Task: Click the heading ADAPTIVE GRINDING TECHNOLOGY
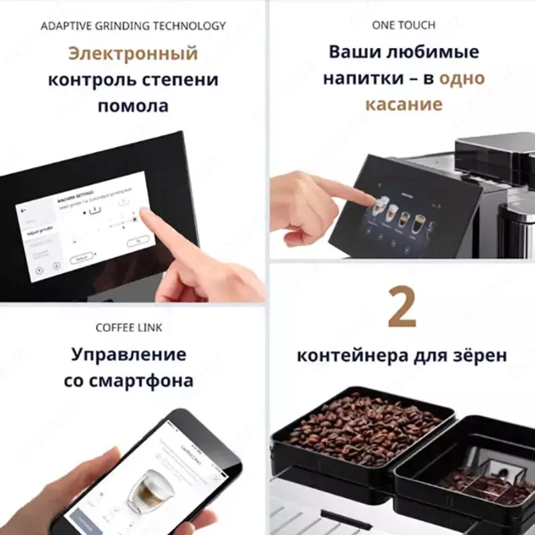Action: pyautogui.click(x=133, y=26)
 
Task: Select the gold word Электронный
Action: pyautogui.click(x=133, y=52)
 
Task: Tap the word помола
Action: pyautogui.click(x=133, y=106)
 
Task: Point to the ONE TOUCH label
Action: pyautogui.click(x=403, y=25)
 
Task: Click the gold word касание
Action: pyautogui.click(x=403, y=104)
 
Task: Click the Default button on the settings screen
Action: pyautogui.click(x=81, y=257)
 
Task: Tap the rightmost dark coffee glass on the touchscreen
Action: pyautogui.click(x=419, y=223)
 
